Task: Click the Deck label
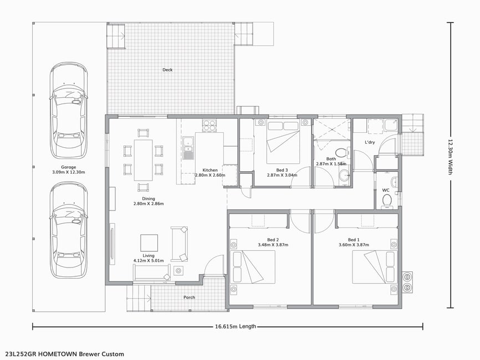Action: (x=167, y=70)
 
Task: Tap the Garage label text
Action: (x=68, y=167)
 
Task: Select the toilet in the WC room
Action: (x=387, y=202)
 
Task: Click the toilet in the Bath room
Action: (x=340, y=152)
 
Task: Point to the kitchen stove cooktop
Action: (x=209, y=125)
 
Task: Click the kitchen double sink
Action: (x=188, y=145)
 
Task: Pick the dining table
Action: (x=143, y=160)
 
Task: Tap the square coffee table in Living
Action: (x=149, y=243)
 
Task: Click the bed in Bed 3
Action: (x=283, y=142)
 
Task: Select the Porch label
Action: (x=189, y=297)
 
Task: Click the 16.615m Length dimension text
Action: (x=236, y=326)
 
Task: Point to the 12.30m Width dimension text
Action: (x=450, y=157)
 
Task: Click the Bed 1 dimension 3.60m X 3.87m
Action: (x=354, y=245)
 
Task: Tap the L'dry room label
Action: (x=370, y=142)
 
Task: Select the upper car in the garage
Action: (x=69, y=110)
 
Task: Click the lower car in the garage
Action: (x=69, y=230)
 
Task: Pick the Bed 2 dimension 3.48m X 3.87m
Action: (x=273, y=245)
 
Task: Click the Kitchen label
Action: (x=210, y=170)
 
